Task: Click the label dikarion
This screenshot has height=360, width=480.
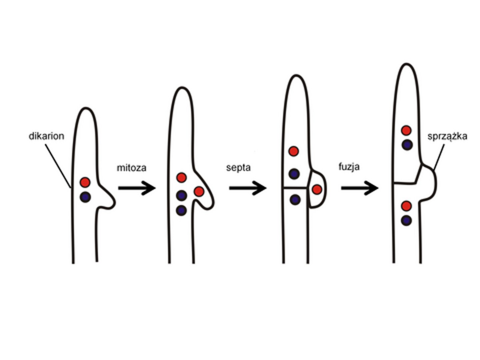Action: [46, 136]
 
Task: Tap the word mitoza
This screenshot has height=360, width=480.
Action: [131, 167]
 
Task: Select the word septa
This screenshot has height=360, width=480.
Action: [238, 167]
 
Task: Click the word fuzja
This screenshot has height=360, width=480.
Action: [349, 166]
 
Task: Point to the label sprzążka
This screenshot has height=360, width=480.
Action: [447, 136]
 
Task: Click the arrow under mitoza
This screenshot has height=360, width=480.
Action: [137, 188]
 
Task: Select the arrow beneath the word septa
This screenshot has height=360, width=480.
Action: [247, 188]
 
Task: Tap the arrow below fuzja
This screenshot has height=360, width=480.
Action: [359, 188]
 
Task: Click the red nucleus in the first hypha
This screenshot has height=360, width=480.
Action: [85, 182]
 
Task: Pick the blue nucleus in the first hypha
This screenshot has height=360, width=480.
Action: [85, 197]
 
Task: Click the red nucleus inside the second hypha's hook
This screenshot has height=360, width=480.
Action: [199, 192]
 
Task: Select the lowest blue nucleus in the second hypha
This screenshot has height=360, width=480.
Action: [181, 210]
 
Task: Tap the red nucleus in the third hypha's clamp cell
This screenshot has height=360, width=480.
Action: [317, 190]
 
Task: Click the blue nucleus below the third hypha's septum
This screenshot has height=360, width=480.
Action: [295, 199]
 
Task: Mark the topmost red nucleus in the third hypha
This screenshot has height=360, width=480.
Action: [294, 151]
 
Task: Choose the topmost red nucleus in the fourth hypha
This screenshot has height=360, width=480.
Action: [406, 130]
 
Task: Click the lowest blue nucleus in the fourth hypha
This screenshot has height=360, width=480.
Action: [406, 220]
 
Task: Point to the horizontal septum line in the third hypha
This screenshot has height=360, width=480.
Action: [296, 188]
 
